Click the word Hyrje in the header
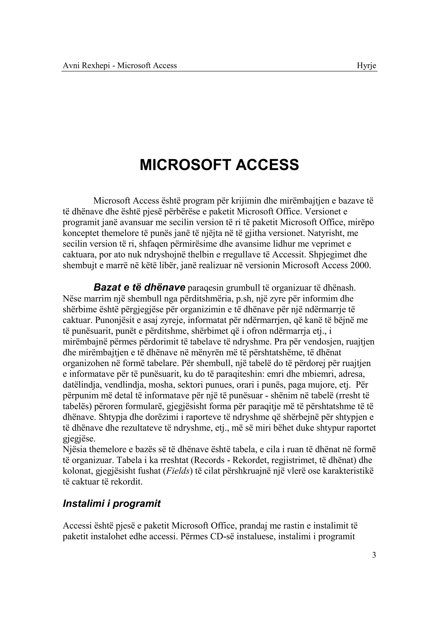366,66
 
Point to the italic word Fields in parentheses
177,471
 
